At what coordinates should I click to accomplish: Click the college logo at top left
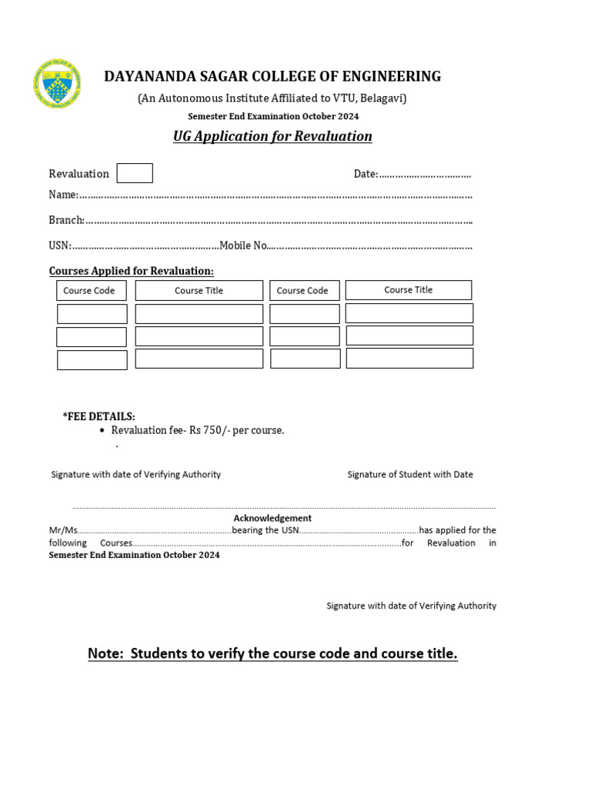tap(58, 84)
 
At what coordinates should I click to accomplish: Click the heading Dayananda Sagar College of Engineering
tap(272, 76)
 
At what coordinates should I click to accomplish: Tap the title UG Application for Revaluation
tap(272, 136)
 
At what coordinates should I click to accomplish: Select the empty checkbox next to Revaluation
tap(135, 173)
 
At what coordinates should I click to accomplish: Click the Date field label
tap(366, 174)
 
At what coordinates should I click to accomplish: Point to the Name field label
tap(63, 195)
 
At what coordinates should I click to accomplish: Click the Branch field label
tap(66, 220)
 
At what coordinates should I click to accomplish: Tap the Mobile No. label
tap(243, 245)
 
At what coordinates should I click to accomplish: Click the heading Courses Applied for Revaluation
tap(131, 271)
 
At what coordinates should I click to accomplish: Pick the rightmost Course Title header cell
tap(408, 290)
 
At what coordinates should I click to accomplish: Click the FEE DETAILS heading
tap(98, 416)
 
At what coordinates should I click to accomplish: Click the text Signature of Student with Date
tap(409, 474)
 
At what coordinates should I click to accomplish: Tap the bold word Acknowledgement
tap(272, 518)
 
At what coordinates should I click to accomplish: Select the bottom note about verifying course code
tap(272, 653)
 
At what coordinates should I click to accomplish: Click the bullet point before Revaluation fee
tap(102, 431)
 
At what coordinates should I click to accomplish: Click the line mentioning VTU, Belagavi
tap(272, 98)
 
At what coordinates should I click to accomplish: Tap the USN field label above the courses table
tap(60, 245)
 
